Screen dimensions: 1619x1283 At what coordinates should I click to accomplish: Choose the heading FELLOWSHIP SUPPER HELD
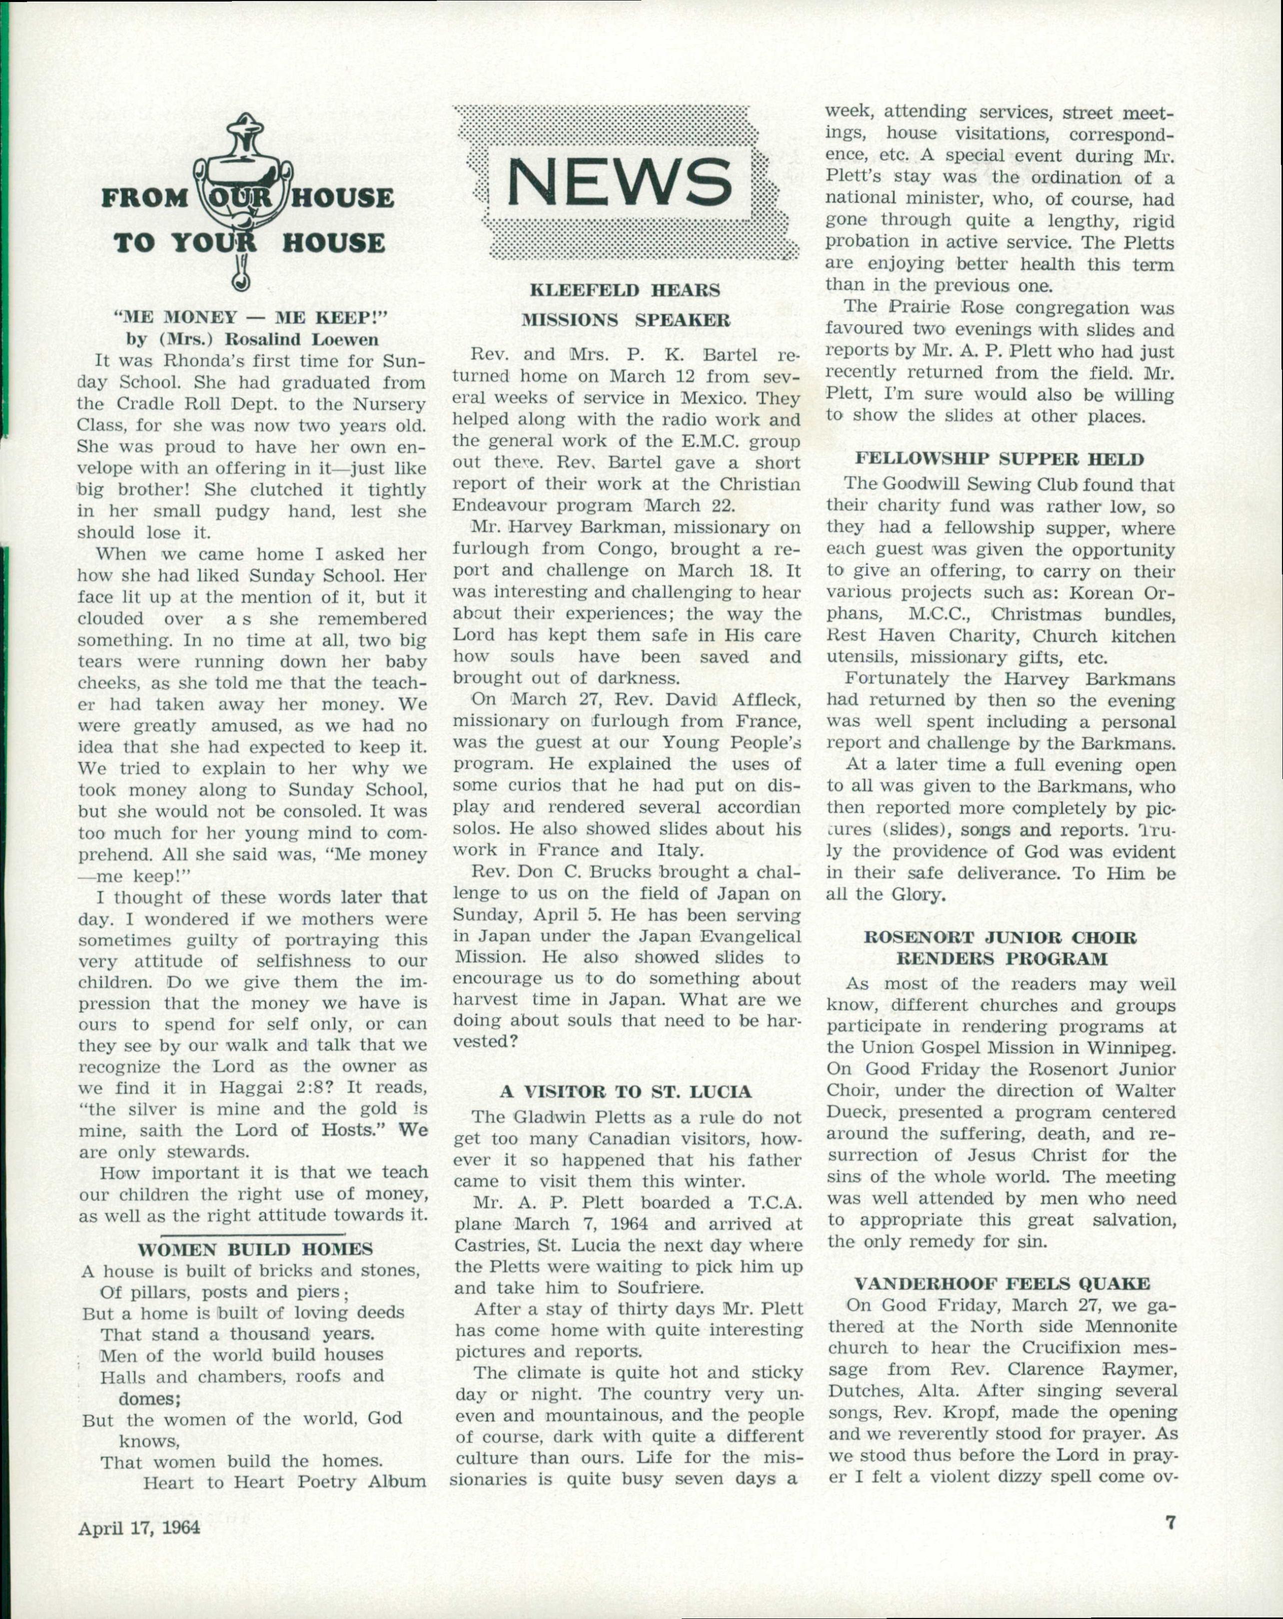pyautogui.click(x=1000, y=459)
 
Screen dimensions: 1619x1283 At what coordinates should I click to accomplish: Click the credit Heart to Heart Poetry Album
pyautogui.click(x=284, y=1482)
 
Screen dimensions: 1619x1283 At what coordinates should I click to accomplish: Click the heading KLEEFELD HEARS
pyautogui.click(x=625, y=290)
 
